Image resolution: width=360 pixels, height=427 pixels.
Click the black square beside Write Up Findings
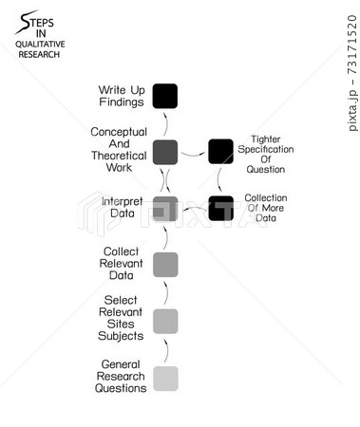point(165,96)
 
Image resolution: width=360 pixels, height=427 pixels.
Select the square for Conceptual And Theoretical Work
point(165,151)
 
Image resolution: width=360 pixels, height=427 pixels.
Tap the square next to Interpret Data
point(165,208)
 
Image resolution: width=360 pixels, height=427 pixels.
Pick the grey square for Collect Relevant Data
point(165,264)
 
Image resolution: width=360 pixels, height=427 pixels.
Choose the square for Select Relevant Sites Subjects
point(165,321)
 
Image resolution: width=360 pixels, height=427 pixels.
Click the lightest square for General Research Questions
point(165,379)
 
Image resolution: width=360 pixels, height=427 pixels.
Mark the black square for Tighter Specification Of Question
point(220,151)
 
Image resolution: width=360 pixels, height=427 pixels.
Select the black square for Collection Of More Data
point(220,208)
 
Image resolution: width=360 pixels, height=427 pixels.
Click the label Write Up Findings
point(123,96)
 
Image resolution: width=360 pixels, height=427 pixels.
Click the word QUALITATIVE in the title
point(37,45)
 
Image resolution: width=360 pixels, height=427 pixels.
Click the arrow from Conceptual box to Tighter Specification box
point(193,151)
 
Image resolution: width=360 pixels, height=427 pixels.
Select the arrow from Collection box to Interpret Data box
point(193,208)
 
